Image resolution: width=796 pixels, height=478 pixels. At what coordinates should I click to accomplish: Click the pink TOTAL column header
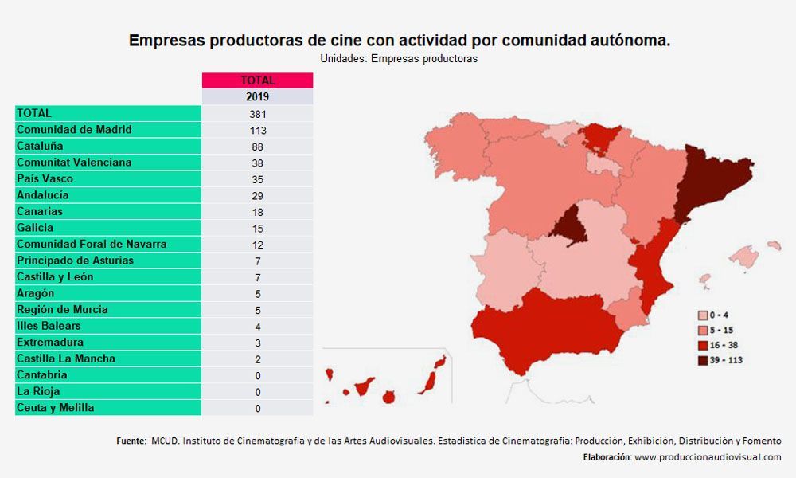coord(257,80)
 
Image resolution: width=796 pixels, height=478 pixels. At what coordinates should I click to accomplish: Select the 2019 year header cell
coord(257,96)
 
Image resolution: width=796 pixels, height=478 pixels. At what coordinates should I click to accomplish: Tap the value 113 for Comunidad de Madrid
coord(258,131)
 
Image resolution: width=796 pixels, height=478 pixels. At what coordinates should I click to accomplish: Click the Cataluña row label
coord(40,147)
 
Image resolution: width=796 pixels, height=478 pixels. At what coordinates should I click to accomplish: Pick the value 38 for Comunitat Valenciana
coord(257,163)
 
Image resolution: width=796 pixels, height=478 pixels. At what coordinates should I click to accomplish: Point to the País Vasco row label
coord(45,178)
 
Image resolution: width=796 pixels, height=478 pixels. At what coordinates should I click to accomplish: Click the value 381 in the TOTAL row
coord(258,114)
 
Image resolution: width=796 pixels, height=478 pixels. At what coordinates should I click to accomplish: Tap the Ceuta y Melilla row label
coord(56,407)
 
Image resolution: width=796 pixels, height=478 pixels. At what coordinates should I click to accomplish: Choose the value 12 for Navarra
coord(257,245)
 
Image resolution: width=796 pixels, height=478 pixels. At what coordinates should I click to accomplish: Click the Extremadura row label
coord(49,342)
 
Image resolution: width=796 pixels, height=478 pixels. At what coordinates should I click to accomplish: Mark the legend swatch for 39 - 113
coord(703,361)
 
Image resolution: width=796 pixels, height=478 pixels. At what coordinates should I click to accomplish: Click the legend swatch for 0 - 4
coord(703,315)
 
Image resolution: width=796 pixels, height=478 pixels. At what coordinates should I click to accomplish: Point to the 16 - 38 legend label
coord(724,346)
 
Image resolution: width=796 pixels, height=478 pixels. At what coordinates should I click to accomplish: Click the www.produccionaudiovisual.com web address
coord(708,457)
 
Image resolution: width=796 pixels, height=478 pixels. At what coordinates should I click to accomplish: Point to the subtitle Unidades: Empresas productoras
coord(399,58)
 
